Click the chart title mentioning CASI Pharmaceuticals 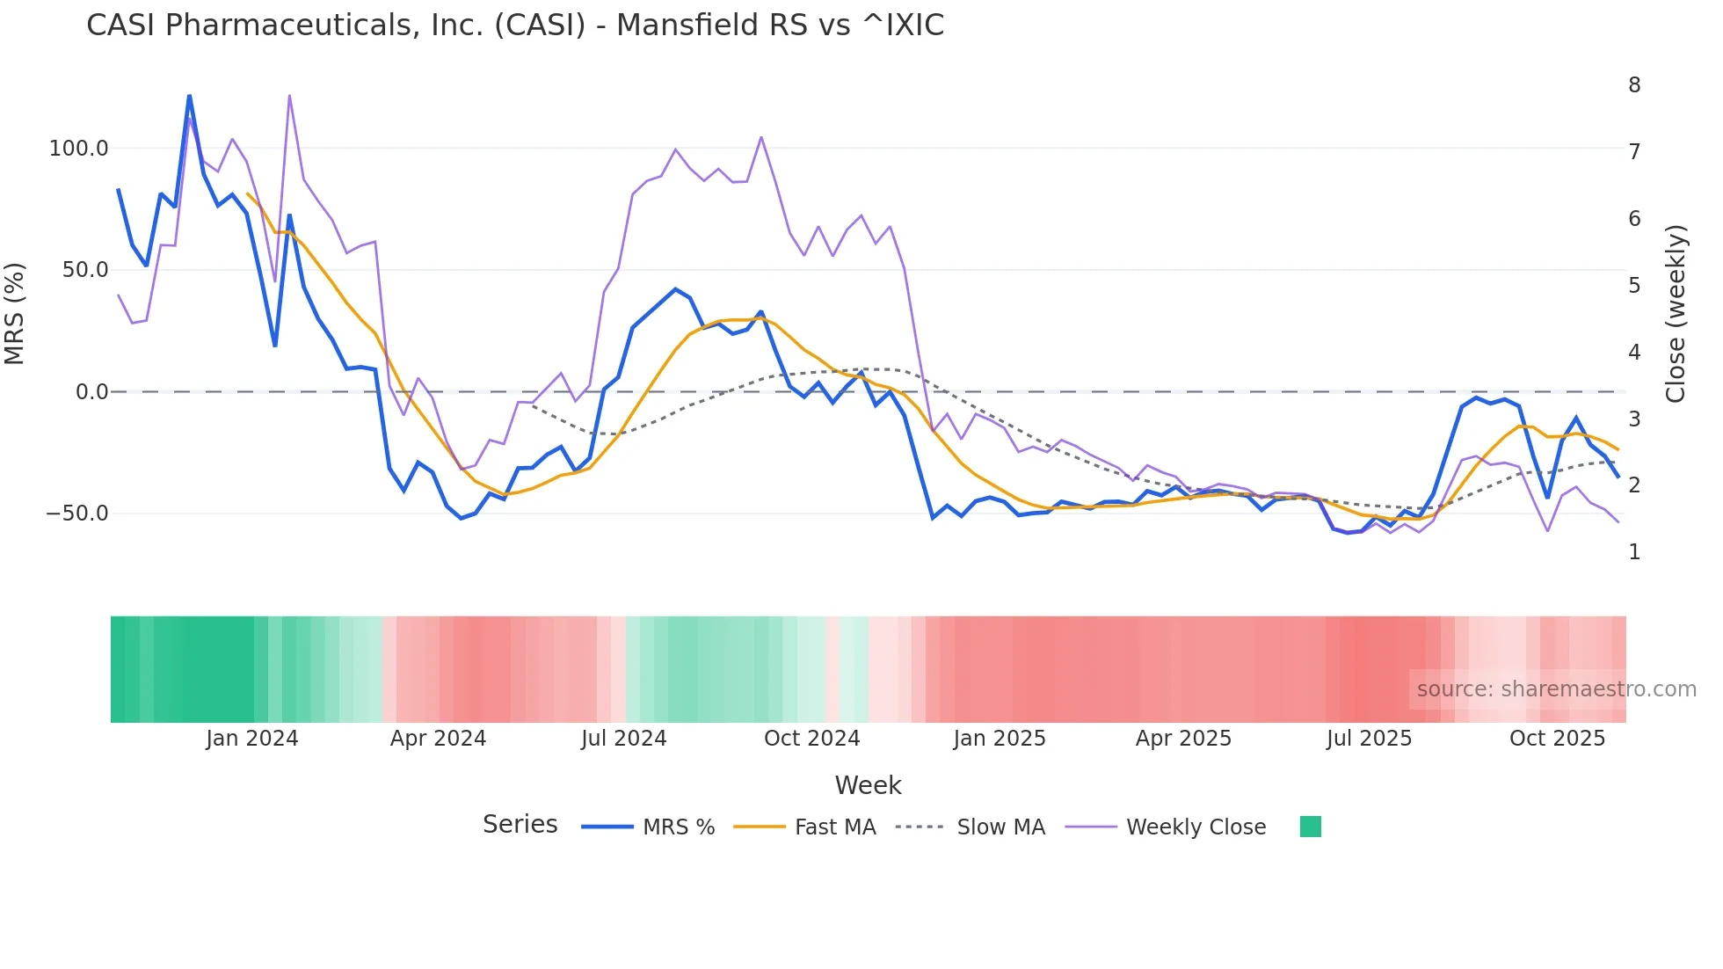515,25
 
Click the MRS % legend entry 678,827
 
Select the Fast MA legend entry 834,827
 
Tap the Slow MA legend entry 1000,827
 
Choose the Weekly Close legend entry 1196,827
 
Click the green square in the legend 1310,827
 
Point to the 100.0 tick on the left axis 79,149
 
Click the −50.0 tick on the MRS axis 77,514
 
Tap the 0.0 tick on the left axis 91,392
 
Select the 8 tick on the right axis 1634,85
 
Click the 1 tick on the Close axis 1634,552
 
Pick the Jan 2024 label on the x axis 252,739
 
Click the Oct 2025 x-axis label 1557,739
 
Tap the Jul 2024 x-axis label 624,739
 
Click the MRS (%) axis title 15,314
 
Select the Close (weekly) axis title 1676,314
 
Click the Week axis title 868,785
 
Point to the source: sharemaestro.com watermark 1556,689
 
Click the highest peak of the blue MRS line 189,96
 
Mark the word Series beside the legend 520,825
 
